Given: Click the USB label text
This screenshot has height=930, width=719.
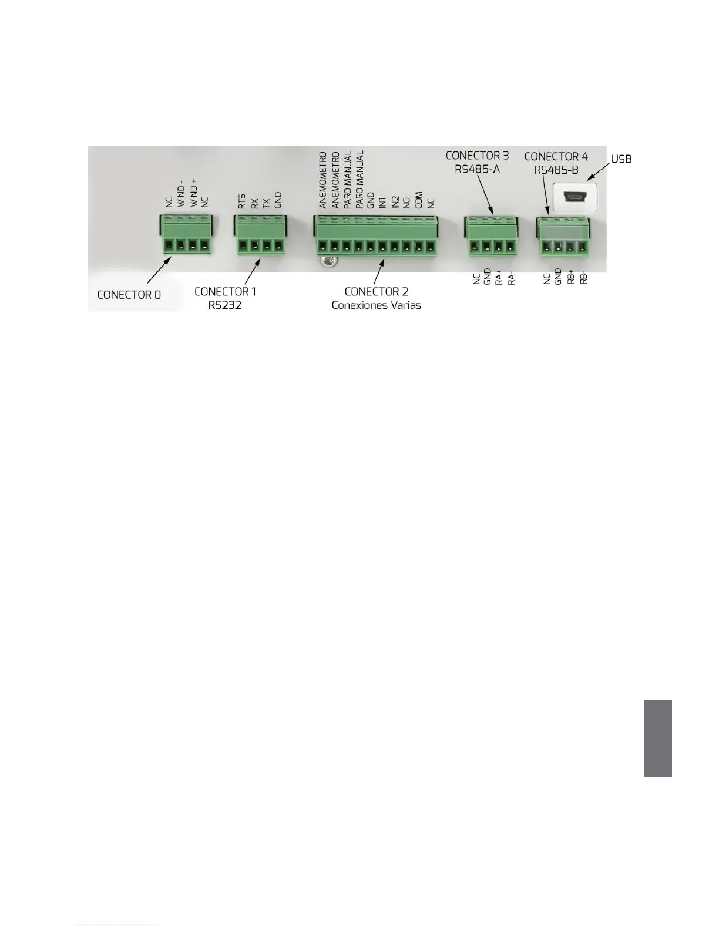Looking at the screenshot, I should [x=621, y=159].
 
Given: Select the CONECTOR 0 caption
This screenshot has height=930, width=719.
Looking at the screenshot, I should [x=129, y=295].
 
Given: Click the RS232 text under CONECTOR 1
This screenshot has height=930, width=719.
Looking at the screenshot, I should [x=225, y=305].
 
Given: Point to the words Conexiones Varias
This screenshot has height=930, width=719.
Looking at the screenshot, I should [x=376, y=305].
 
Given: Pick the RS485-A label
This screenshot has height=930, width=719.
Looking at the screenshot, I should [x=477, y=170].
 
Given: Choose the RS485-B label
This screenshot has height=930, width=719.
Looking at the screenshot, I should [x=556, y=170].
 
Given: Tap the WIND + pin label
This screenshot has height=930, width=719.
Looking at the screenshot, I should [x=193, y=193].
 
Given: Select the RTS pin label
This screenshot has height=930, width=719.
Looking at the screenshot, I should [x=242, y=201].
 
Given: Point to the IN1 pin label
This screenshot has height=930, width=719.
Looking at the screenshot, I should [x=383, y=203].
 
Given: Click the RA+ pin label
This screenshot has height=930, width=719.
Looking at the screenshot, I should [x=499, y=277].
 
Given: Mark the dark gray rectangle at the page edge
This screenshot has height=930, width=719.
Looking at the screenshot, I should [x=657, y=738].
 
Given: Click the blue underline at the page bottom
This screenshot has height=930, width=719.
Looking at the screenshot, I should [x=117, y=925].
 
